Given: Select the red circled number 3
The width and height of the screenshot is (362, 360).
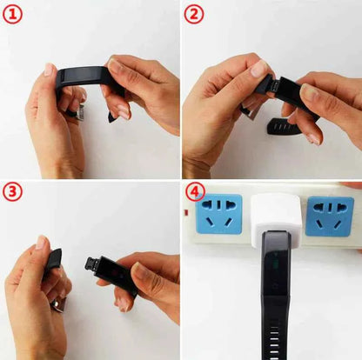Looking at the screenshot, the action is pos(12,191).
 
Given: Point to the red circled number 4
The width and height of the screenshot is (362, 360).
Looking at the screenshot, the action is pos(195,191).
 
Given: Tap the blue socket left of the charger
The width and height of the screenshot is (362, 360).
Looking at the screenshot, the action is pos(219,214).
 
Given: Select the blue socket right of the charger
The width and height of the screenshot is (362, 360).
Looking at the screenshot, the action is pos(330,217).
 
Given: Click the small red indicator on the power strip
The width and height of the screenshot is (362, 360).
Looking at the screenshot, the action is pos(185,213).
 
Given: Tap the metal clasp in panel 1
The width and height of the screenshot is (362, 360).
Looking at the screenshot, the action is pos(80,113).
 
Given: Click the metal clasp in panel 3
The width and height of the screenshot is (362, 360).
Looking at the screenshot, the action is pos(60,305).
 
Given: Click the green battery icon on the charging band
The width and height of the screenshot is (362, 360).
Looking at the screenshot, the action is pos(276,265).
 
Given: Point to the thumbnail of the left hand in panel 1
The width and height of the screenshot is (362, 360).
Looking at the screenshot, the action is pos(49,70).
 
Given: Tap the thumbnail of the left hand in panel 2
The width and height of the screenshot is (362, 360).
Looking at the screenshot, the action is pos(259,69).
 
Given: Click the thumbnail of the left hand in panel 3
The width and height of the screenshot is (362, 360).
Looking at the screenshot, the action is pos(41,243).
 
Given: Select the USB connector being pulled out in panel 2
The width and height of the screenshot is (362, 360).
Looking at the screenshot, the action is pos(274,85).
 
